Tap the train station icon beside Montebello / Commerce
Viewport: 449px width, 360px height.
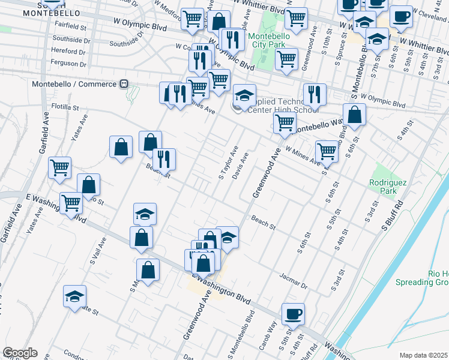pos(124,84)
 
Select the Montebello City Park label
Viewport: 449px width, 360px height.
pos(269,40)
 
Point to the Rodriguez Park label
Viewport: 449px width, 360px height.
pos(384,187)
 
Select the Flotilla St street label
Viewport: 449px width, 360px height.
pos(64,107)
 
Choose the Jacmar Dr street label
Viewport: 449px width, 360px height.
pos(293,281)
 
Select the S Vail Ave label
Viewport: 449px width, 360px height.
pos(98,251)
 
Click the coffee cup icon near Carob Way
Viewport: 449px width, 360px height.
pos(293,313)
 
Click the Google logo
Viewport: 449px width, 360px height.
pos(20,353)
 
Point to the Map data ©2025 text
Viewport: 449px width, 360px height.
pos(423,355)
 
